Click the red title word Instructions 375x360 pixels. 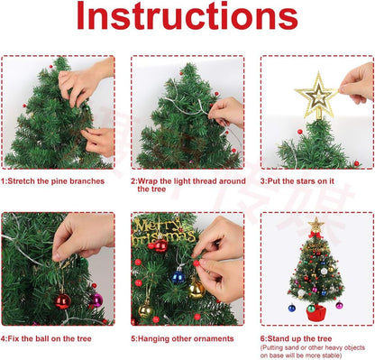(187, 18)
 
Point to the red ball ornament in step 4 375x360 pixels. (62, 300)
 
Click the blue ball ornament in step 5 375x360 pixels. (178, 274)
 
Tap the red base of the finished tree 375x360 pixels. (316, 313)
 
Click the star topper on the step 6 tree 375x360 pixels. (316, 224)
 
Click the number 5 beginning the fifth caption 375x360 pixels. (133, 337)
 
